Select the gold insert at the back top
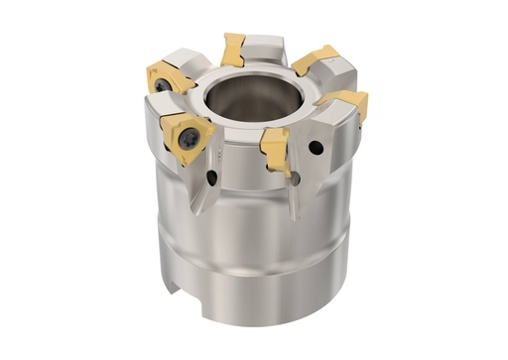click(234, 47)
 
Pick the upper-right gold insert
click(317, 60)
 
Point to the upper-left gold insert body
click(172, 75)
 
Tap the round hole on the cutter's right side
click(316, 149)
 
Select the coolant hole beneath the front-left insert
click(212, 179)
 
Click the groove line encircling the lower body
click(258, 260)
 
